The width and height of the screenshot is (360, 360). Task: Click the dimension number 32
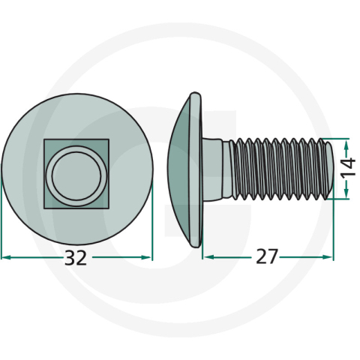76,258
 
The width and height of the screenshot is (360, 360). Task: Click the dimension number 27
267,256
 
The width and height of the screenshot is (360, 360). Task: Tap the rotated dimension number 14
349,166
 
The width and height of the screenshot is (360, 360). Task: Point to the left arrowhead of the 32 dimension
6,257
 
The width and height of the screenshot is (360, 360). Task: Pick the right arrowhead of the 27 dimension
328,256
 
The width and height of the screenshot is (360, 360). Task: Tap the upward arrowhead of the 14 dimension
346,145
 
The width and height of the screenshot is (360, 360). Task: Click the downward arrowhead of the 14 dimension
346,193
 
